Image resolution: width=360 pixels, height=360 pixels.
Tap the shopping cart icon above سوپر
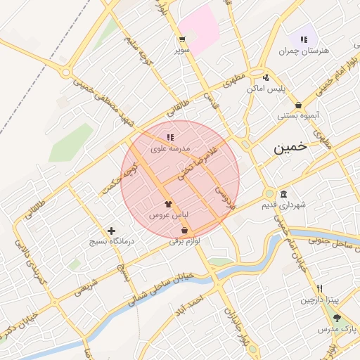click(x=182, y=39)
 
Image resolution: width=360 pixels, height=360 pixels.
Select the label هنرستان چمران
click(x=304, y=51)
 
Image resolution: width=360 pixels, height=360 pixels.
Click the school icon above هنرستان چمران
click(x=304, y=39)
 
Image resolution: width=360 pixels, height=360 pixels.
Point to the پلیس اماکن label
click(x=265, y=89)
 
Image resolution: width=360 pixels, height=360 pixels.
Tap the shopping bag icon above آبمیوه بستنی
click(x=299, y=105)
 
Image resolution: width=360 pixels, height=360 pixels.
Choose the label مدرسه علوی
click(x=169, y=148)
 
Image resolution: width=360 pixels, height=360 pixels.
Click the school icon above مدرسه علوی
click(x=169, y=137)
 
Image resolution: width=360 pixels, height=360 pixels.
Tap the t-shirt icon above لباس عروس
click(x=167, y=204)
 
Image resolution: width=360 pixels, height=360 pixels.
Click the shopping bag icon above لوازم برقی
click(x=184, y=230)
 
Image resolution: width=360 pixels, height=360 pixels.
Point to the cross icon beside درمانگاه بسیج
click(x=111, y=231)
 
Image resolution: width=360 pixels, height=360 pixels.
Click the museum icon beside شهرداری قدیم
click(x=283, y=195)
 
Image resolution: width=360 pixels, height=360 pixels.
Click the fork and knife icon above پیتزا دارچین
click(x=320, y=288)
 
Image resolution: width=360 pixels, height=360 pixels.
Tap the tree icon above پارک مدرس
click(x=337, y=318)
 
